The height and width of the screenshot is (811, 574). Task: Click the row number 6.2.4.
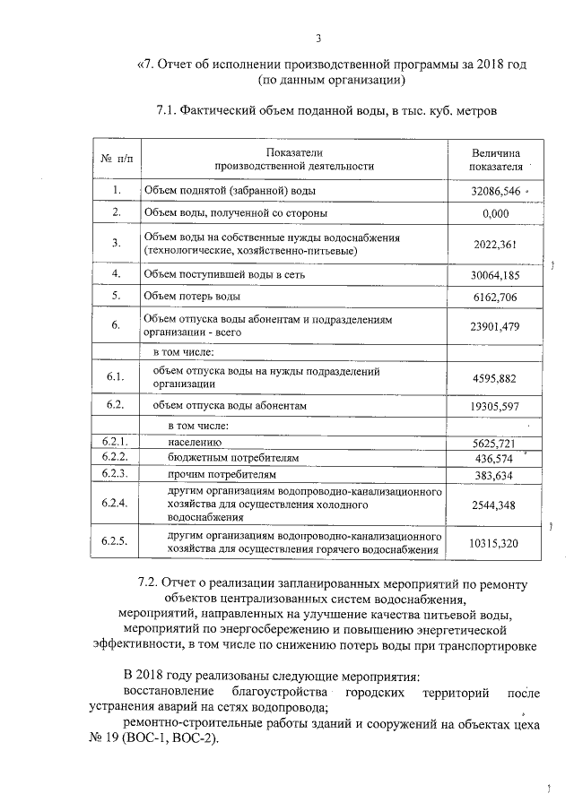117,505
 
